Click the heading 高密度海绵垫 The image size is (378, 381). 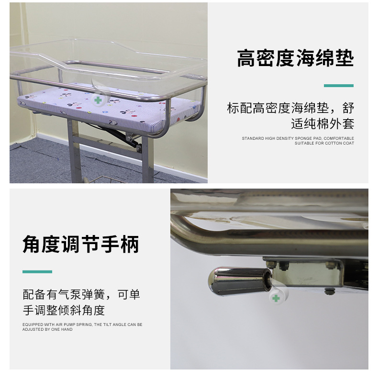click(x=295, y=58)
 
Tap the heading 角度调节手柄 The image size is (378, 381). click(x=81, y=244)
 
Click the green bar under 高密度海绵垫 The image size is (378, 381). click(x=339, y=86)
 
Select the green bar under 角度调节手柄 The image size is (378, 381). click(x=37, y=272)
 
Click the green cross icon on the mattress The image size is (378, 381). click(x=98, y=100)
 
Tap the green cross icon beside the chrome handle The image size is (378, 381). click(x=276, y=298)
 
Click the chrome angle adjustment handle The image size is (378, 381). click(x=240, y=281)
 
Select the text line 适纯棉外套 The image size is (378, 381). click(x=322, y=123)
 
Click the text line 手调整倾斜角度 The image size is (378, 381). click(x=64, y=310)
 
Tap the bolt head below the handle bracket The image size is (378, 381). click(x=329, y=291)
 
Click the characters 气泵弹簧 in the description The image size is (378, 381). click(x=81, y=294)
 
